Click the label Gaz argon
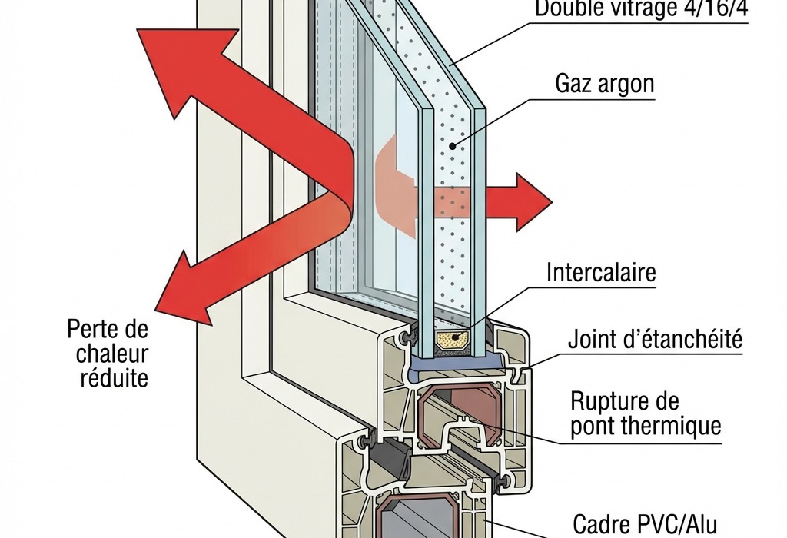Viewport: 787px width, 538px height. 604,83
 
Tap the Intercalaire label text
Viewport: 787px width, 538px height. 601,272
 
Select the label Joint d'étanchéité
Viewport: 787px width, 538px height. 655,339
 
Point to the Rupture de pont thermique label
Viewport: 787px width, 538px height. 646,413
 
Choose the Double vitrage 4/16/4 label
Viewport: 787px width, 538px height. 642,9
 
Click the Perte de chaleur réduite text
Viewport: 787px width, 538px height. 108,354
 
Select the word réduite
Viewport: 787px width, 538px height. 114,378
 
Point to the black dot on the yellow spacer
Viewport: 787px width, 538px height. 459,335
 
